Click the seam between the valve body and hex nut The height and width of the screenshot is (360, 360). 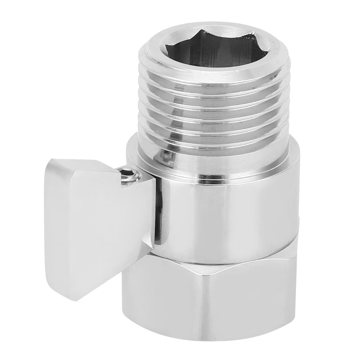tap(216, 260)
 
